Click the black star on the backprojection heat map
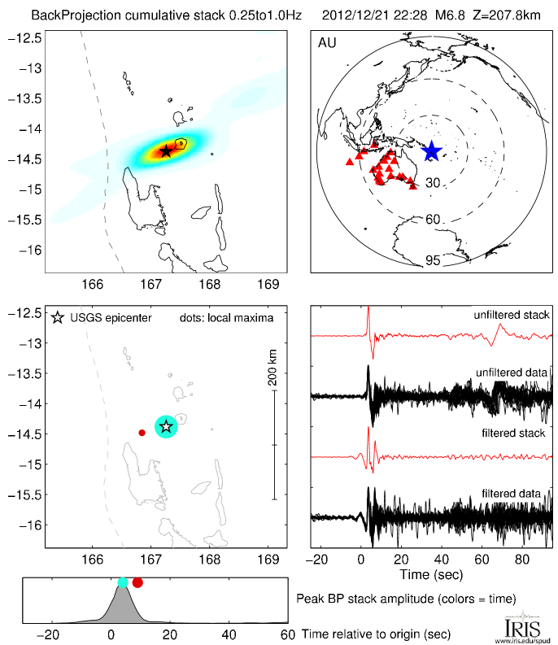166,150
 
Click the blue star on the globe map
431,151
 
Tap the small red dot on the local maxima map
142,433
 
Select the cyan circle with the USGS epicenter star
166,426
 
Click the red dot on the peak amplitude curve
137,582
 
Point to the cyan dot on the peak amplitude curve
123,582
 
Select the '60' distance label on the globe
434,220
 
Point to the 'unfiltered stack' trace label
512,315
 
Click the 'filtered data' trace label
518,493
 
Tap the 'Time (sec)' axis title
430,575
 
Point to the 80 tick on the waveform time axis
522,559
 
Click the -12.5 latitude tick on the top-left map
30,38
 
